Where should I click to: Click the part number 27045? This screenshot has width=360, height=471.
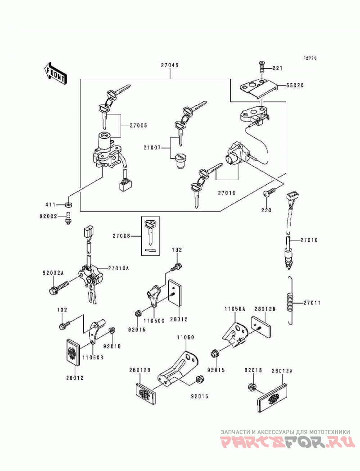(x=170, y=65)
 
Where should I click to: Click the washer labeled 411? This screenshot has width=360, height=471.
(x=68, y=205)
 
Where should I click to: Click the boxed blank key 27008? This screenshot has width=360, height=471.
(x=150, y=236)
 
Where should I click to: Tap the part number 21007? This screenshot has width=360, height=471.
(x=153, y=148)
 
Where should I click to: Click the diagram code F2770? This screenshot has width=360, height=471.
(x=310, y=58)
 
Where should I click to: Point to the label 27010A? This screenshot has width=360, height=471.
(x=118, y=268)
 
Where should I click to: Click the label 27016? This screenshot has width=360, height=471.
(x=227, y=193)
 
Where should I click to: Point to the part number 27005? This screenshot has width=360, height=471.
(x=139, y=126)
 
